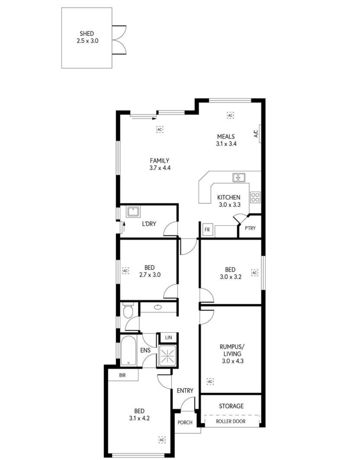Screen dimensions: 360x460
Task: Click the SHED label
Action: click(87, 33)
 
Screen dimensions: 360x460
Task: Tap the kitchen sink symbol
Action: click(239, 177)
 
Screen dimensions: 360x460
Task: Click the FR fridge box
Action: click(207, 230)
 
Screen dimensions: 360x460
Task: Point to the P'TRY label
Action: click(250, 228)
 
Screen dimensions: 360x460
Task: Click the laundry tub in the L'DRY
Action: click(133, 212)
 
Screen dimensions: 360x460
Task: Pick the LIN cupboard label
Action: click(168, 337)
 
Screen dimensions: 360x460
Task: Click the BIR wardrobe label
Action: click(122, 375)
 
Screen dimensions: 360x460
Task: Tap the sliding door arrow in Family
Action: click(144, 119)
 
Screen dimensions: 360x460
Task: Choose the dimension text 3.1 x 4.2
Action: click(139, 418)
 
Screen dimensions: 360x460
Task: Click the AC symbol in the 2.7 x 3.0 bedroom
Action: click(125, 270)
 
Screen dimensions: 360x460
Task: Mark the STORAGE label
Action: click(231, 406)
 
